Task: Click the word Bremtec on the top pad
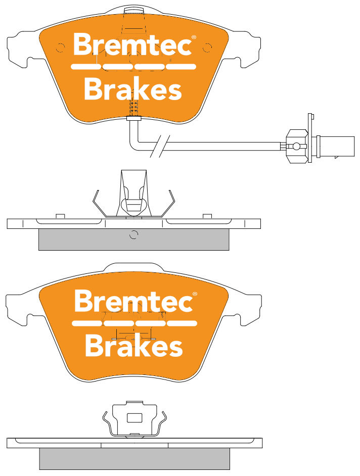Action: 132,44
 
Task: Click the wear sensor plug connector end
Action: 335,147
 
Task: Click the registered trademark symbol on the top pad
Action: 194,37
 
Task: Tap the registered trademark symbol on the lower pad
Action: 195,294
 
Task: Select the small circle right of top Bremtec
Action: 207,47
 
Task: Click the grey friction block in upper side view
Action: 133,240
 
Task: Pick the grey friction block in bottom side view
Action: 134,459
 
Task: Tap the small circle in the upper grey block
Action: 133,234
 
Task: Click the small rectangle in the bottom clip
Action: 134,418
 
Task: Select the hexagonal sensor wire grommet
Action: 296,147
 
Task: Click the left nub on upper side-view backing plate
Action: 61,216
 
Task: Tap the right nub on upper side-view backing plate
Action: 207,216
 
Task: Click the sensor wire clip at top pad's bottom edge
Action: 134,118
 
